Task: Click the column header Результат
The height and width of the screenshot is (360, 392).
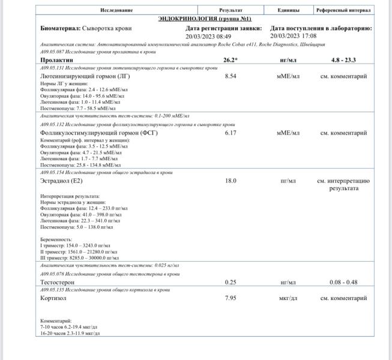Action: pyautogui.click(x=231, y=10)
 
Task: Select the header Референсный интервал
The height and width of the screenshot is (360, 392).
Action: pyautogui.click(x=343, y=10)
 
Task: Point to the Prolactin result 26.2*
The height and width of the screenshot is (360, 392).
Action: pyautogui.click(x=231, y=60)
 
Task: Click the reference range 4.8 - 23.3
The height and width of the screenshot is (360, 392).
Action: pyautogui.click(x=343, y=60)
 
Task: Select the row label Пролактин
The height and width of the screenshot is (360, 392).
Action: pyautogui.click(x=56, y=60)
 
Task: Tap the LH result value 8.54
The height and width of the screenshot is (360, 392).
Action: pyautogui.click(x=231, y=77)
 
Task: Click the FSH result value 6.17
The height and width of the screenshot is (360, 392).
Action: pyautogui.click(x=231, y=133)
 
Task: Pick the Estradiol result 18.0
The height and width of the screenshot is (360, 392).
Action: pyautogui.click(x=231, y=181)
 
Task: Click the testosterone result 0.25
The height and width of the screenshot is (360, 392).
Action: pyautogui.click(x=231, y=282)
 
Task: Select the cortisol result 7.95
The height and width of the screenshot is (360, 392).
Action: pyautogui.click(x=231, y=298)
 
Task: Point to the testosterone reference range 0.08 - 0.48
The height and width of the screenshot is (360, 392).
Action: pyautogui.click(x=343, y=282)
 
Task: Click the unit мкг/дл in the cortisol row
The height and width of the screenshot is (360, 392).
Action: pyautogui.click(x=288, y=298)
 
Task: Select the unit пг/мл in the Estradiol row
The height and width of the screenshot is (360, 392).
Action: pyautogui.click(x=288, y=181)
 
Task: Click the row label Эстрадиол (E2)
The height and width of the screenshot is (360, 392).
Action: pyautogui.click(x=64, y=181)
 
